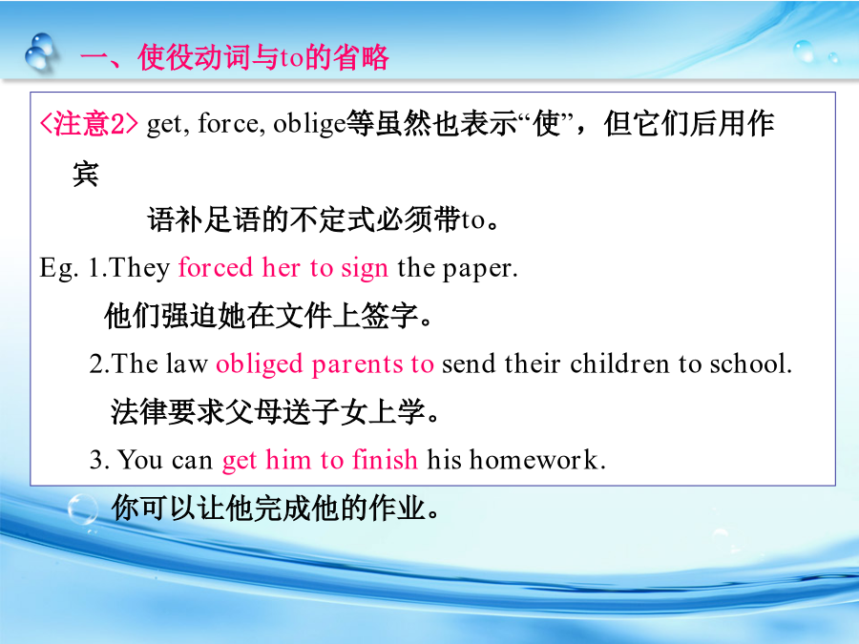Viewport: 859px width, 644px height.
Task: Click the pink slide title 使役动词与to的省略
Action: [x=236, y=57]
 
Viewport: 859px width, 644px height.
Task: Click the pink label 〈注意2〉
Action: [x=89, y=124]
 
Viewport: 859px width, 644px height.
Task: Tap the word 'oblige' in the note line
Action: [x=309, y=123]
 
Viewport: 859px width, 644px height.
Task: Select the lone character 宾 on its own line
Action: [x=86, y=175]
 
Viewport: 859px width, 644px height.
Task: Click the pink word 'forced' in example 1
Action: [x=216, y=268]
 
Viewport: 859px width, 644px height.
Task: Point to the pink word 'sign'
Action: [x=365, y=269]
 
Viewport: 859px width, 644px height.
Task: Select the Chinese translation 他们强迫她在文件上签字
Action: [x=268, y=316]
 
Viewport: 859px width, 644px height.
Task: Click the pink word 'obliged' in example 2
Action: [x=259, y=364]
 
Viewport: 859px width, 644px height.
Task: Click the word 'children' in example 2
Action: [x=619, y=364]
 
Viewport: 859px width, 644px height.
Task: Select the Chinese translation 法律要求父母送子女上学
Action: [x=275, y=412]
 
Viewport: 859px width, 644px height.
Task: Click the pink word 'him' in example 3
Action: [x=288, y=459]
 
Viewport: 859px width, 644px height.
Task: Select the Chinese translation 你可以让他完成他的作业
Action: [x=275, y=508]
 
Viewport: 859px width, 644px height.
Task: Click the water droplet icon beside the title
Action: [x=41, y=52]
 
